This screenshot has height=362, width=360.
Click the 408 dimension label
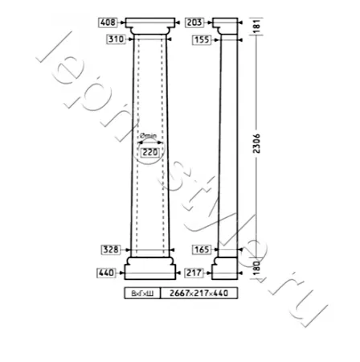[x=108, y=23]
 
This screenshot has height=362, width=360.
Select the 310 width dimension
[x=117, y=39]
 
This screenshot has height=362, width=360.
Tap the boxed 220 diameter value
[x=150, y=152]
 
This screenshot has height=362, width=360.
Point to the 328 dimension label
[x=111, y=250]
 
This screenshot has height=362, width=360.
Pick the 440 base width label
[x=106, y=273]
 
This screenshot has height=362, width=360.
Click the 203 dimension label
[x=194, y=23]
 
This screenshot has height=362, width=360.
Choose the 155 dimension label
[x=202, y=40]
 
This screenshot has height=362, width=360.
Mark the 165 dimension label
[x=202, y=250]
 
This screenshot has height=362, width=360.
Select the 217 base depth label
[x=194, y=273]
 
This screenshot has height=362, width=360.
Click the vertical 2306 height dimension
[x=257, y=143]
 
